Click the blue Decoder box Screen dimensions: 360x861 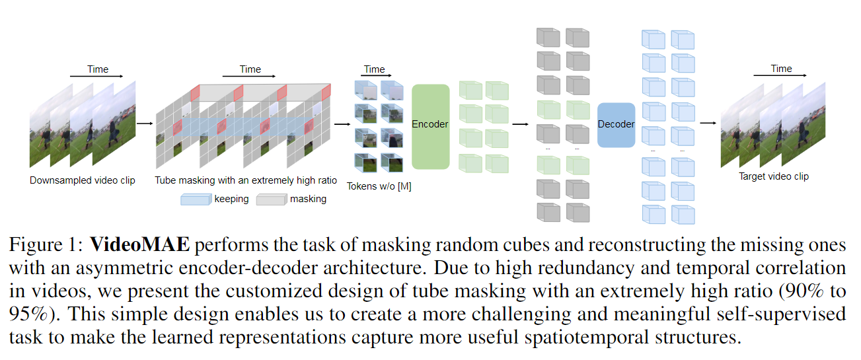click(616, 125)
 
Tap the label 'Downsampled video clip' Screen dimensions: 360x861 click(83, 180)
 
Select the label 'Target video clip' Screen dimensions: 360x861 click(774, 176)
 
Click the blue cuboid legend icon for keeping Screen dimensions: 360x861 click(196, 199)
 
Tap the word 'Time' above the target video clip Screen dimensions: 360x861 click(781, 69)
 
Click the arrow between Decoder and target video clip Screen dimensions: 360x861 click(708, 123)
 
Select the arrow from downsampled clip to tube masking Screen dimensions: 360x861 click(144, 123)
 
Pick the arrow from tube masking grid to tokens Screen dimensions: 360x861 click(342, 123)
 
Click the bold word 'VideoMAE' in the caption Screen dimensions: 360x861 click(139, 246)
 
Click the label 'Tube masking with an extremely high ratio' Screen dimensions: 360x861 click(246, 180)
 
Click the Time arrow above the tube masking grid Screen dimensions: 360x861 click(250, 77)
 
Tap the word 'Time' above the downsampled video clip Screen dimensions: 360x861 click(98, 69)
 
